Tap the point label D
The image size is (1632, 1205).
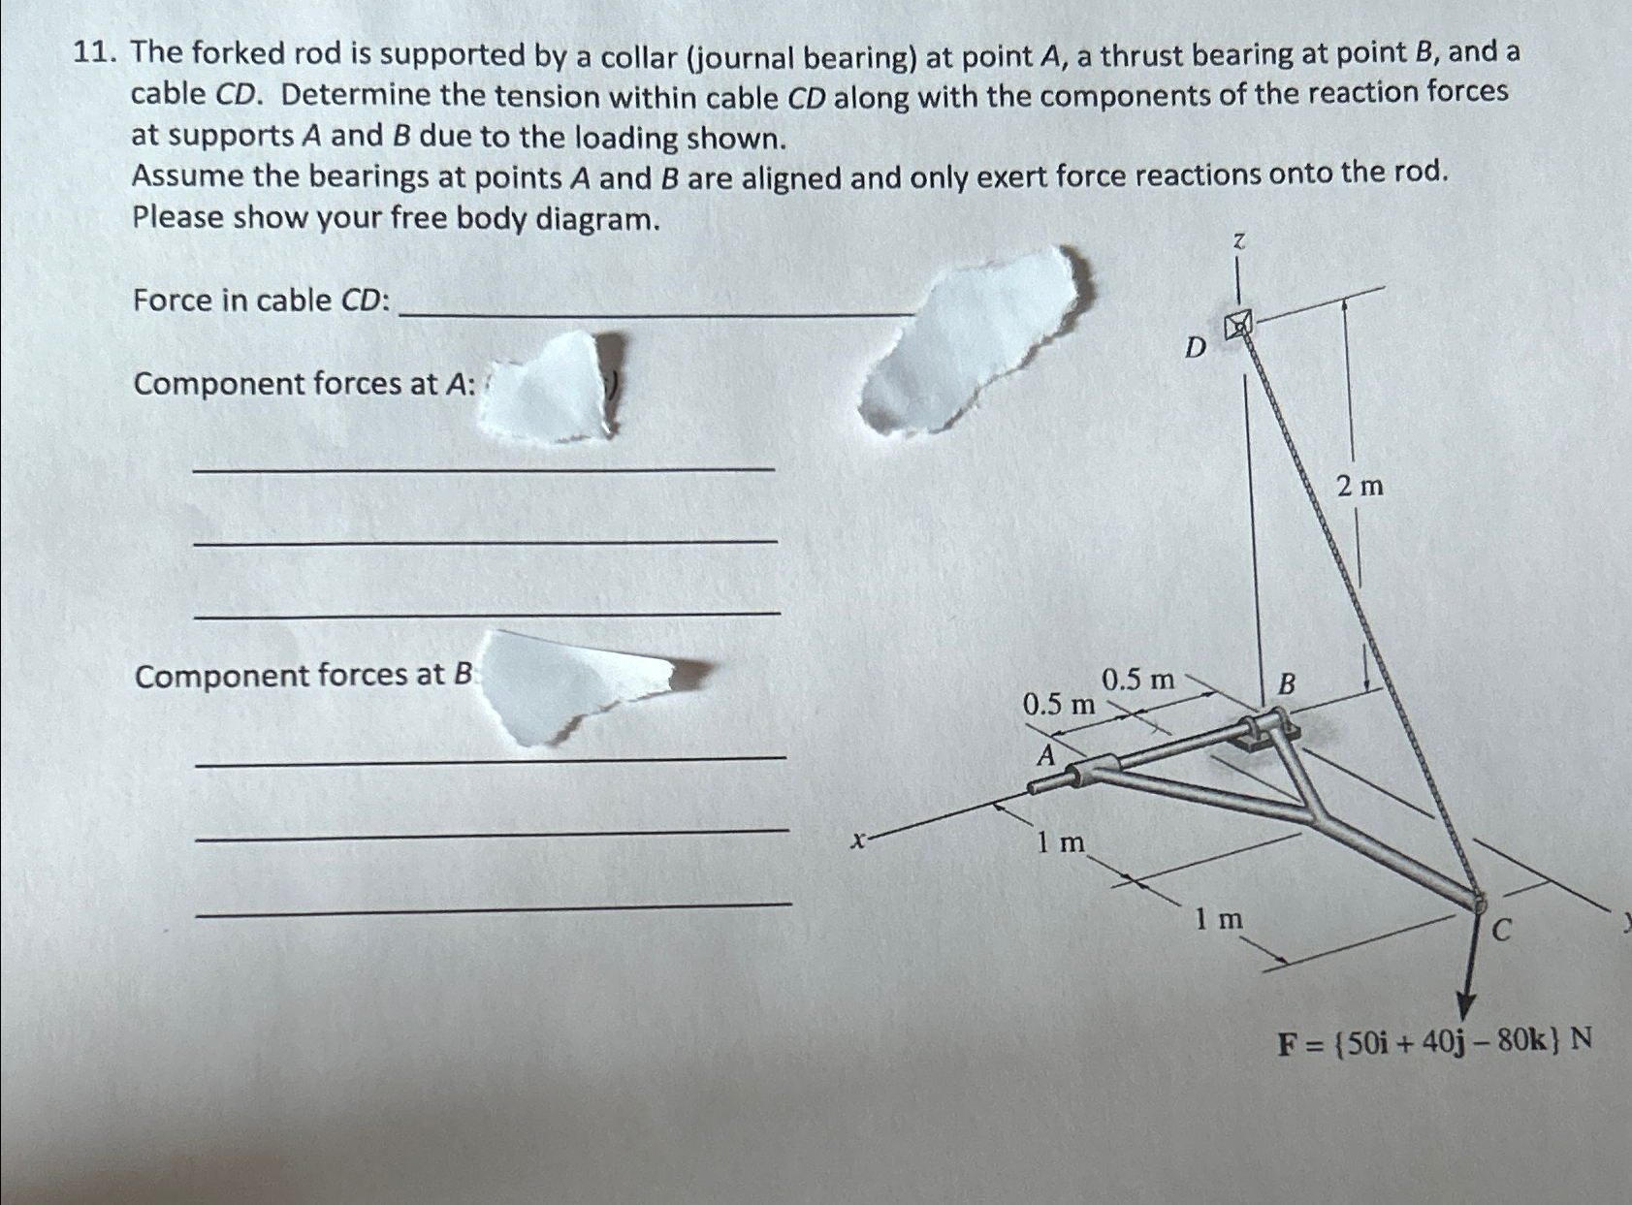coord(1196,347)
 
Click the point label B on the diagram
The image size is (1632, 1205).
coord(1287,684)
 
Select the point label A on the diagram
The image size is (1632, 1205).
coord(1045,755)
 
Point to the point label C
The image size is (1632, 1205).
coord(1500,932)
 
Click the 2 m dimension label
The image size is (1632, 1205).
coord(1360,486)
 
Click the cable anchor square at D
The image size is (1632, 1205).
coord(1238,325)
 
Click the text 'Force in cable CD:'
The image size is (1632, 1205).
coord(262,301)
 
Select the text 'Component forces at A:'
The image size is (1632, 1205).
coord(304,385)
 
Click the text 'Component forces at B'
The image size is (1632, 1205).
coord(304,676)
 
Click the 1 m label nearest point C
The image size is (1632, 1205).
coord(1218,918)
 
